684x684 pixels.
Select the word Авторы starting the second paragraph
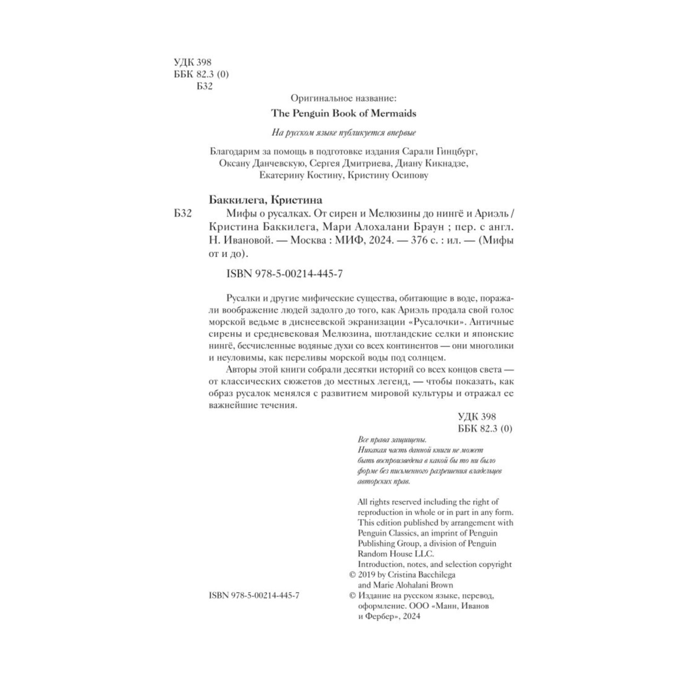(240, 369)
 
